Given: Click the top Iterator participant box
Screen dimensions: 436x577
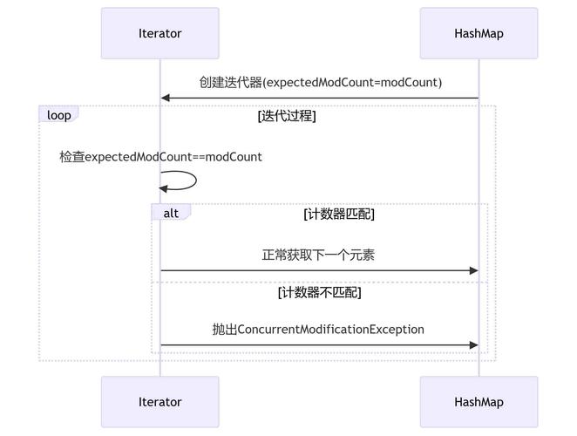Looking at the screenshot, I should click(x=160, y=34).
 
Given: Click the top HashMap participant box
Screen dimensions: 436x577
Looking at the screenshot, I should click(x=479, y=34).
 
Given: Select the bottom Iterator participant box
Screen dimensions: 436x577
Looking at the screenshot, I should click(x=160, y=402).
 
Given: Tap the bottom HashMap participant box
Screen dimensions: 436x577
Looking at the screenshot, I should click(x=479, y=402).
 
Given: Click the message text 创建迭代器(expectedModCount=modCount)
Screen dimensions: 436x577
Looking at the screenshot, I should click(x=320, y=83).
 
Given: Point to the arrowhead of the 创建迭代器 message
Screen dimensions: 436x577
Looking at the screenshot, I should click(x=166, y=99).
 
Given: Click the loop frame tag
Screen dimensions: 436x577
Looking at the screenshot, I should click(x=58, y=115).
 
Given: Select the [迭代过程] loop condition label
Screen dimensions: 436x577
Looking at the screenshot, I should click(x=287, y=116).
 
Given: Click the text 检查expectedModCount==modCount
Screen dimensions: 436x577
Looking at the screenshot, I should click(x=160, y=157).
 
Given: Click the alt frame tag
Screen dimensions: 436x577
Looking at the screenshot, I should click(x=171, y=213).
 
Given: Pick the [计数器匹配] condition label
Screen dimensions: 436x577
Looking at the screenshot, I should click(x=339, y=214).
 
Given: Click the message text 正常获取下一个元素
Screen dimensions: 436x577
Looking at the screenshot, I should click(x=319, y=255).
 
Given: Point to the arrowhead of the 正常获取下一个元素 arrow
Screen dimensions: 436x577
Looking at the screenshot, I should click(x=473, y=271).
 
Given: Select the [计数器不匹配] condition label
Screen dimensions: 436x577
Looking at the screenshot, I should click(x=319, y=292).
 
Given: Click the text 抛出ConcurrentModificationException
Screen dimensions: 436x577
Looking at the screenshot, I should click(x=319, y=330).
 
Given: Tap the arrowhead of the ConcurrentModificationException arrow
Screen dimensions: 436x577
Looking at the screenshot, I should click(x=473, y=345).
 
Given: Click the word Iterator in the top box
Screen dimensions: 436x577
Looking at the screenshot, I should click(x=160, y=34).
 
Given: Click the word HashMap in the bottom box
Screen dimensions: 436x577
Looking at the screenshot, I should click(x=479, y=402).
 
